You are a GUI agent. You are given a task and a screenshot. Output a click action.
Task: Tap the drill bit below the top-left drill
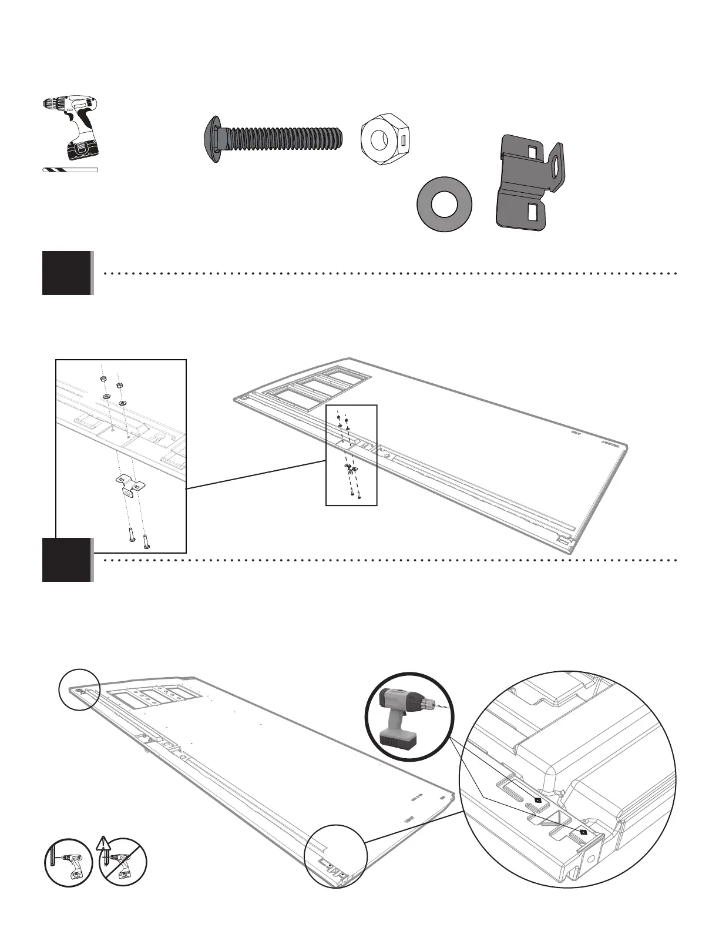70,170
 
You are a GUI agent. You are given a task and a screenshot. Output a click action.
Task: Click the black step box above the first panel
67,273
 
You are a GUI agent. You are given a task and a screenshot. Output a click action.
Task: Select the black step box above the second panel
67,560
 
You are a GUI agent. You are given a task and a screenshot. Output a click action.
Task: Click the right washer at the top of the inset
123,403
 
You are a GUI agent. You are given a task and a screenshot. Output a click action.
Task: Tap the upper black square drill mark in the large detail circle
538,799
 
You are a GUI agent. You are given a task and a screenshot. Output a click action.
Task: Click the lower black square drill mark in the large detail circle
583,832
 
